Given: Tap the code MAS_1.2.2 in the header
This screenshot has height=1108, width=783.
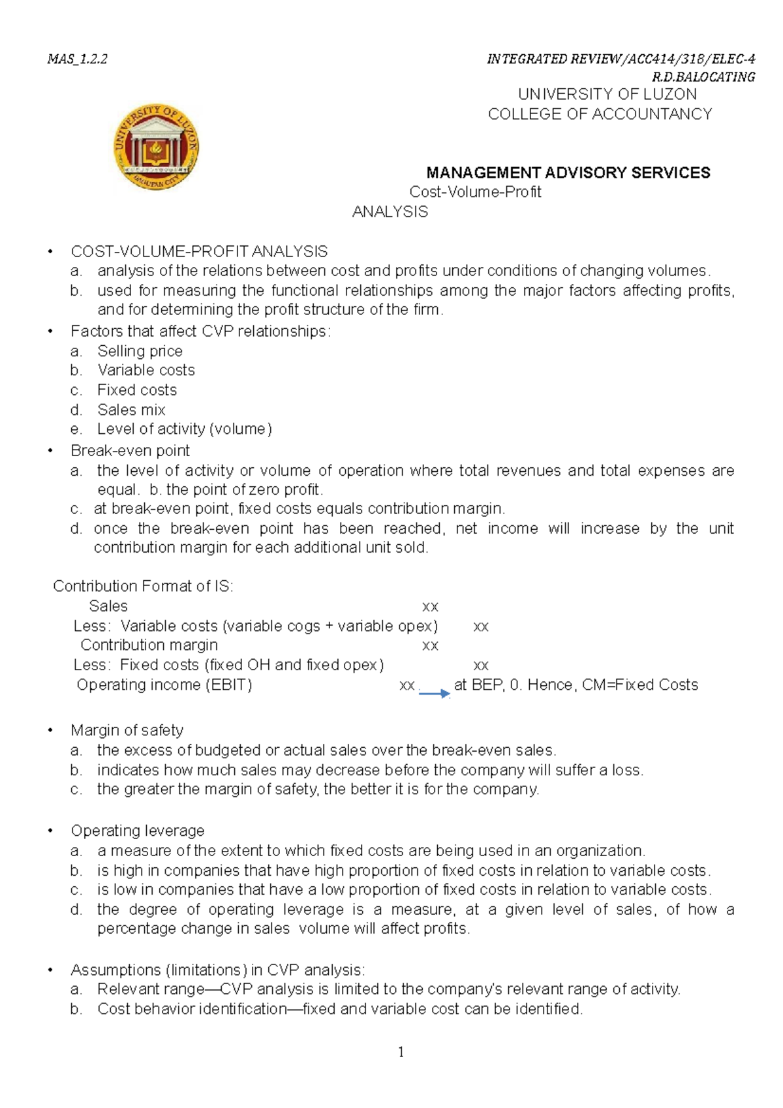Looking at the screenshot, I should [77, 59].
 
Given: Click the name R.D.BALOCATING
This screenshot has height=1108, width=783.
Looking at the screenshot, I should [703, 77].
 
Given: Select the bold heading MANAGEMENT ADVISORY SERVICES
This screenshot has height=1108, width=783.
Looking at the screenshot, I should [568, 173].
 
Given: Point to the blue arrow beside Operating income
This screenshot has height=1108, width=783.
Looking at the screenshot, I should [434, 693].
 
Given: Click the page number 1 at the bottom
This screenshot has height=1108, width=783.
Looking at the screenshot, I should [401, 1052].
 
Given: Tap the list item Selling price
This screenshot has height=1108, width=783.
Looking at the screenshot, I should [140, 351].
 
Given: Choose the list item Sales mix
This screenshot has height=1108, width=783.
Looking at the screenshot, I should [131, 410].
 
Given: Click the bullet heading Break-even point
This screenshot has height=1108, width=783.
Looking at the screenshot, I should [130, 451].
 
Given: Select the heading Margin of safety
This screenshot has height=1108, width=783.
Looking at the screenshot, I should [127, 730].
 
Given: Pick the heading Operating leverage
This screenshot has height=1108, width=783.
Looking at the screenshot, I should [137, 831].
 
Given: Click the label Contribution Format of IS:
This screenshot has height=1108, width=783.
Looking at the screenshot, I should [143, 586].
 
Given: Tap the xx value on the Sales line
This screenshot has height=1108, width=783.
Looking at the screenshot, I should [430, 606].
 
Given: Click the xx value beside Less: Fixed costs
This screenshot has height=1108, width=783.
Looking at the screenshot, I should [480, 665].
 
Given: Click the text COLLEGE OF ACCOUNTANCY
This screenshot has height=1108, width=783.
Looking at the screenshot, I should [600, 114].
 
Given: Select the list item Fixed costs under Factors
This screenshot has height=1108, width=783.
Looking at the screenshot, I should [137, 390].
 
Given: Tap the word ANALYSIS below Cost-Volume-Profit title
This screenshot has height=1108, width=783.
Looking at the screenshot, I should [390, 212].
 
